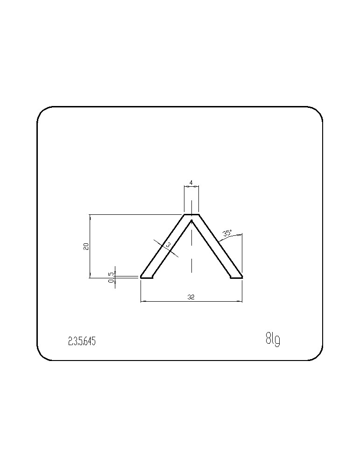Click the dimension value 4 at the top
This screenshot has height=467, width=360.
pos(191,182)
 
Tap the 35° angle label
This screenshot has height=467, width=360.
pos(227,233)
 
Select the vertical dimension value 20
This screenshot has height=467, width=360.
pos(86,246)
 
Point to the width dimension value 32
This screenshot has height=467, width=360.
pos(191,297)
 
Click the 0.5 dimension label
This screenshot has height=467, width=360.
pos(112,277)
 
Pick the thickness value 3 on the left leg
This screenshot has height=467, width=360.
pos(168,245)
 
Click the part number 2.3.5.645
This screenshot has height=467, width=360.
pos(82,341)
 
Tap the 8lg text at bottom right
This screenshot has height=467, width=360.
pos(273,339)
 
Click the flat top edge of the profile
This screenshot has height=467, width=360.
pos(191,214)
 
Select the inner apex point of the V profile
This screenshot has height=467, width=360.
pos(191,221)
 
